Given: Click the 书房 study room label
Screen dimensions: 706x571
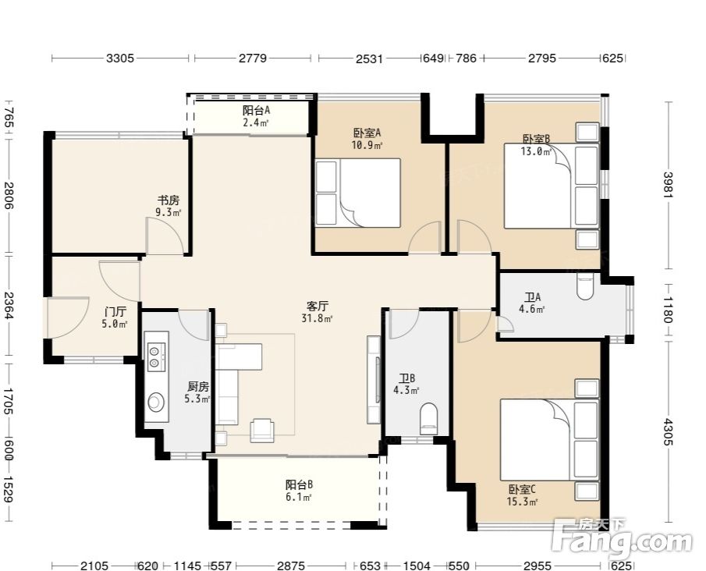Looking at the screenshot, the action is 168,200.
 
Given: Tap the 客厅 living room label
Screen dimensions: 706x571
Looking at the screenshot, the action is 318,307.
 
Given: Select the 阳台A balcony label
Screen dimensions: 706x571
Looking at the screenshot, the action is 256,110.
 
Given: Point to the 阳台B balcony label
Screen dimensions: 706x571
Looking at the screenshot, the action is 299,485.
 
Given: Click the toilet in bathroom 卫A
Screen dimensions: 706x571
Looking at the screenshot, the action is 585,286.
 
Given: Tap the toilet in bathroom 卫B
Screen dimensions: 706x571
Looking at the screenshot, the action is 428,418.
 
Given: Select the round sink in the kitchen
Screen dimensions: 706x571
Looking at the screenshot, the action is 156,402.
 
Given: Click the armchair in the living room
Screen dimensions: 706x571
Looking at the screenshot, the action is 261,430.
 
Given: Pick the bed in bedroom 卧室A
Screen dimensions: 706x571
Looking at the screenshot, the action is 358,193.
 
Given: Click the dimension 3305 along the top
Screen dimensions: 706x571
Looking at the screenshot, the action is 120,58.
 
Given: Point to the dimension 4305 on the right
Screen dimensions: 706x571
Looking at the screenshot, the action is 669,432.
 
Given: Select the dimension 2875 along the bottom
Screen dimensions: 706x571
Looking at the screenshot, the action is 291,565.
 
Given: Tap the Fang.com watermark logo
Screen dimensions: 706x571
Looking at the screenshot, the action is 622,538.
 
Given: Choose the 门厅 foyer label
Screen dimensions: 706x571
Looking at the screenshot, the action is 115,311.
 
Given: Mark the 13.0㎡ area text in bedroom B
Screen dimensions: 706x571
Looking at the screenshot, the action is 536,151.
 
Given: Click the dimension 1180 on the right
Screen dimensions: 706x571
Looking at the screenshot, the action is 669,310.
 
